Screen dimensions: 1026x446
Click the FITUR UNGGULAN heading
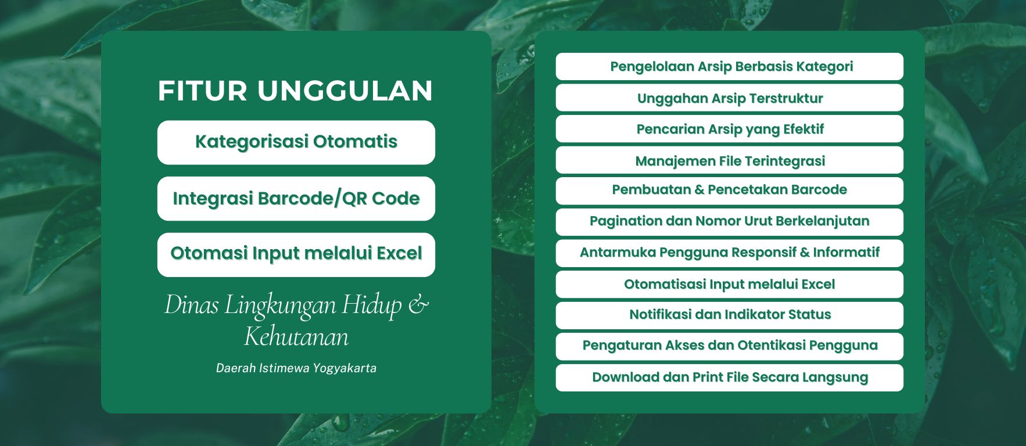[x=296, y=91]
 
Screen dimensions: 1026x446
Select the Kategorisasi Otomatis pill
[x=296, y=142]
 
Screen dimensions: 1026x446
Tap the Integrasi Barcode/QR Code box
[x=296, y=199]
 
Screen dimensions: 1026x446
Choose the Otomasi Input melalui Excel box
[x=296, y=254]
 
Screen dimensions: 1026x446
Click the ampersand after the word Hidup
[x=418, y=305]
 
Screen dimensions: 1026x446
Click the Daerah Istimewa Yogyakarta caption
[x=296, y=368]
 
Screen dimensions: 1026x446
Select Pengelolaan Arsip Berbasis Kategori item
[x=730, y=66]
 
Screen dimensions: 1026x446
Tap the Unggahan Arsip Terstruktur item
[x=730, y=98]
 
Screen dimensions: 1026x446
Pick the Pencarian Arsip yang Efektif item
[x=730, y=129]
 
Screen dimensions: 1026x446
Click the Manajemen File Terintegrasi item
[x=730, y=160]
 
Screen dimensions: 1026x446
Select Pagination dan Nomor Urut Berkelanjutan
[x=730, y=222]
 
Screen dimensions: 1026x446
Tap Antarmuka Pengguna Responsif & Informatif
[x=730, y=253]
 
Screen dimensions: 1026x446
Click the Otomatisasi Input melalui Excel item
[x=730, y=285]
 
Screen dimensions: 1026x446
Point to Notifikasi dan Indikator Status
[x=730, y=315]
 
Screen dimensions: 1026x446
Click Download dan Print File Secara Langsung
[x=730, y=377]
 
